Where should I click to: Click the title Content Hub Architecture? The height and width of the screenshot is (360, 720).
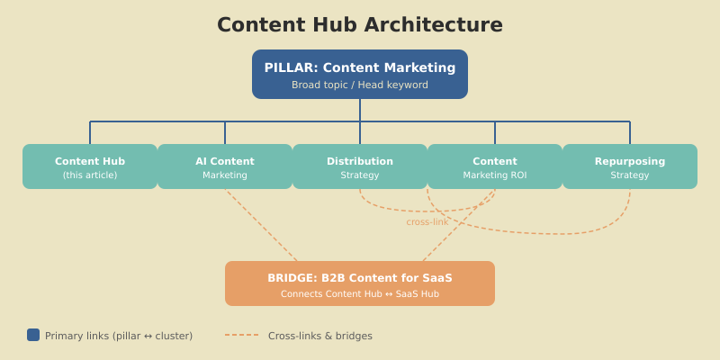click(360, 25)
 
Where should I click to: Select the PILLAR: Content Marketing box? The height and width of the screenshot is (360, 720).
click(360, 74)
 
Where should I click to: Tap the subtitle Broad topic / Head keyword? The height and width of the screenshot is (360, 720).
click(360, 85)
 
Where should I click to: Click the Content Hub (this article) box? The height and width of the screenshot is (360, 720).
click(90, 166)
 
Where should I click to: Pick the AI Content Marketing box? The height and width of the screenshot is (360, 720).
click(225, 166)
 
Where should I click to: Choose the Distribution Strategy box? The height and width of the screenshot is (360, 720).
click(360, 166)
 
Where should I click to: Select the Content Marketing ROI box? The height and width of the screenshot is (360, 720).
click(495, 166)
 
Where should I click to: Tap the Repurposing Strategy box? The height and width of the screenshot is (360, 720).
click(630, 166)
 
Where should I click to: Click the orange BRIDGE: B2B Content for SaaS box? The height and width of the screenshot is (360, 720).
click(360, 283)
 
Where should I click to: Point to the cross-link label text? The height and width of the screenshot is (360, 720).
click(427, 222)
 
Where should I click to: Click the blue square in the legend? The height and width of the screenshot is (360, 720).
click(33, 335)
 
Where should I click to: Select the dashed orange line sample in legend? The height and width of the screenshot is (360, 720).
click(241, 335)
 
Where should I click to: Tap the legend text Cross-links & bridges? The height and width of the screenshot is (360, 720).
click(319, 336)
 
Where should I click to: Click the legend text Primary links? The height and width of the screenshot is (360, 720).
click(119, 336)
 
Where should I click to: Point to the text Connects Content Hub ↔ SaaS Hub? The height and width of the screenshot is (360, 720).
click(360, 294)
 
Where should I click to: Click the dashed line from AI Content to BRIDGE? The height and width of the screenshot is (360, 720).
click(261, 225)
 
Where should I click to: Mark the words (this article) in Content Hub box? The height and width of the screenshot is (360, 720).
click(90, 175)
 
